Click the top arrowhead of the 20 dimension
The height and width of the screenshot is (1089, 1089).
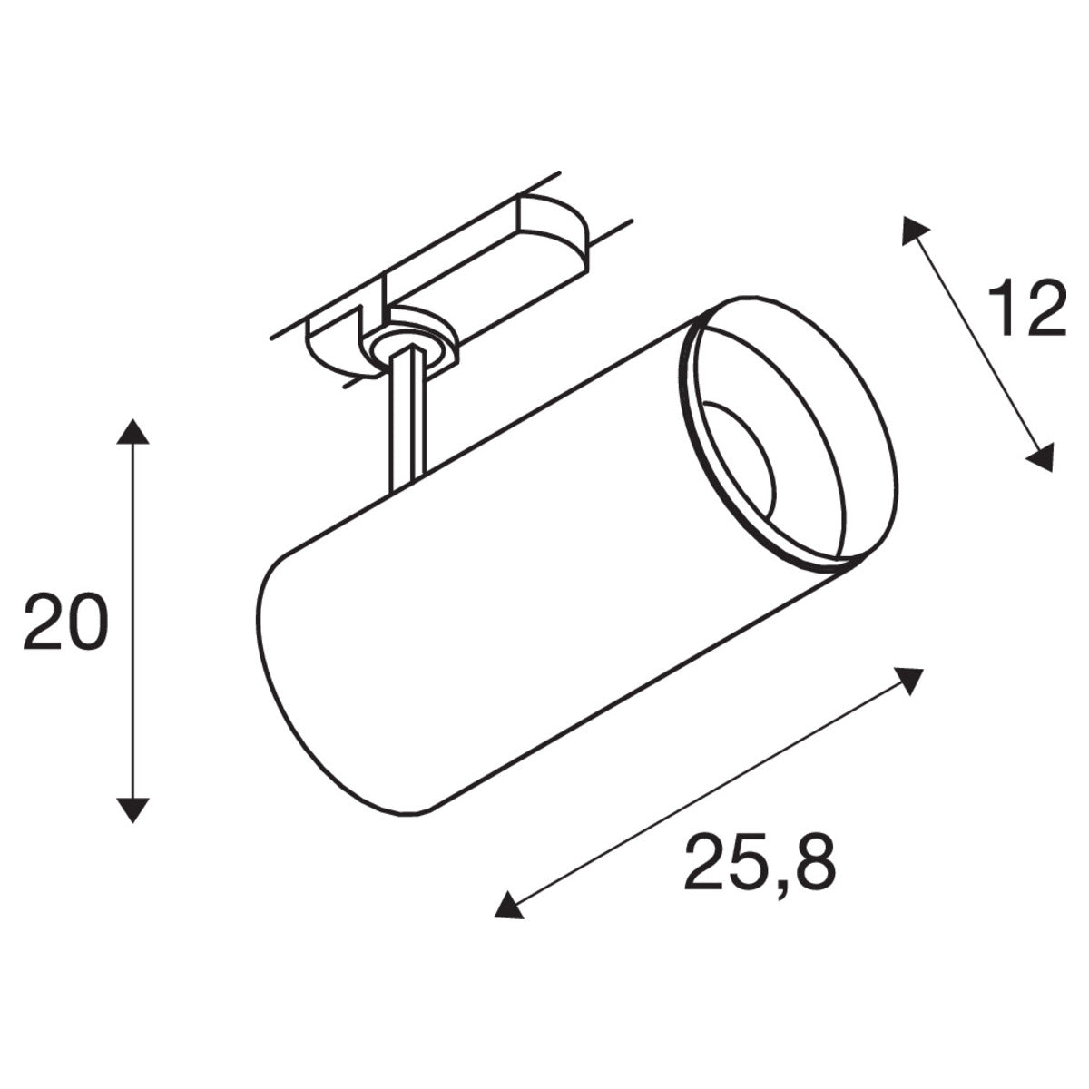point(133,432)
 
